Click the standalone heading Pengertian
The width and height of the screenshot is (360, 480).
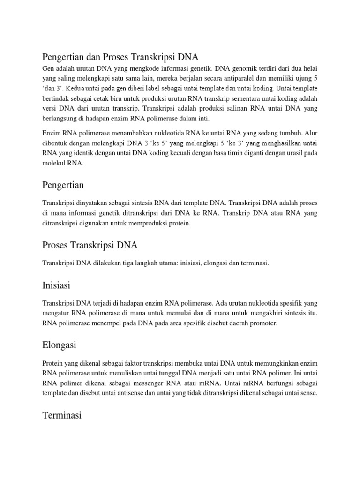tap(63, 185)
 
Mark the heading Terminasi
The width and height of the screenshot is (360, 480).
tap(62, 415)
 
